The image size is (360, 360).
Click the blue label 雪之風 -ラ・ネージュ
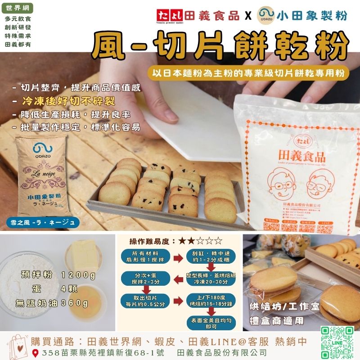45,222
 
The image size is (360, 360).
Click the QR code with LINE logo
337,342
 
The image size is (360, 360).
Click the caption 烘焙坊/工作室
284,307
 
